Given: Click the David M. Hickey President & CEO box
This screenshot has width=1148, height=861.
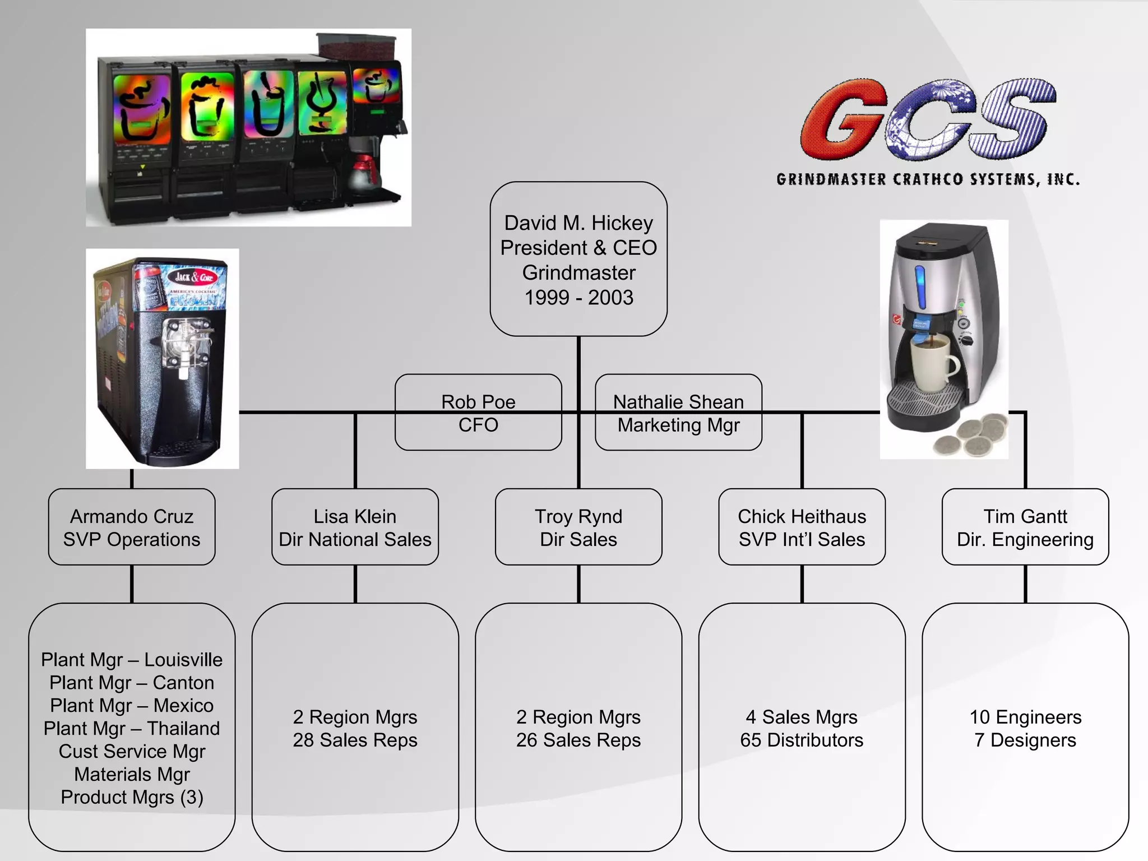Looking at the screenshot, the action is click(578, 259).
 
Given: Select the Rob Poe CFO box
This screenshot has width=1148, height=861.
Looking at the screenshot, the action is click(478, 412).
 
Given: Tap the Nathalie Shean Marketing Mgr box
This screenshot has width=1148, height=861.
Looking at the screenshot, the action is click(678, 412).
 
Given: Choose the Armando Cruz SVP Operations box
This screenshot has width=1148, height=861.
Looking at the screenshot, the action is click(132, 527).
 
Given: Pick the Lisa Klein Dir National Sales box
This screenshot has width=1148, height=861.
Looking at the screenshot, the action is click(355, 527).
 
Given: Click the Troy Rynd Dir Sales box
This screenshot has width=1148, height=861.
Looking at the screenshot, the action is click(578, 527).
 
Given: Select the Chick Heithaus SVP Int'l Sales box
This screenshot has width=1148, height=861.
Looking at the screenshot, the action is click(802, 527).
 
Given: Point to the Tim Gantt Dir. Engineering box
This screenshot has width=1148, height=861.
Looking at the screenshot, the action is click(1025, 527).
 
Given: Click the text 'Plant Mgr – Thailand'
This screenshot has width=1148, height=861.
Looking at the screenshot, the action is click(132, 728).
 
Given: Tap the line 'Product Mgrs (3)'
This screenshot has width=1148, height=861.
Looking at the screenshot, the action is click(132, 797).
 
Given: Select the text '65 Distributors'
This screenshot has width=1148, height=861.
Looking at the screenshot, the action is click(802, 740).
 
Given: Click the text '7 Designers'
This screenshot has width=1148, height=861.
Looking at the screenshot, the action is click(1025, 740).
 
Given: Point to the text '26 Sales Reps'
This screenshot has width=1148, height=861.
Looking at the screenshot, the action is click(578, 740).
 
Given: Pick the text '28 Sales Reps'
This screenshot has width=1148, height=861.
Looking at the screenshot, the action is click(355, 740).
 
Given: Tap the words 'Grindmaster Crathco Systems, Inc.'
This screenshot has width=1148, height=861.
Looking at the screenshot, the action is click(928, 179).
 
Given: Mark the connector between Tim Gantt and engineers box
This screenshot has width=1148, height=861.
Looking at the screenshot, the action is click(1025, 584).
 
